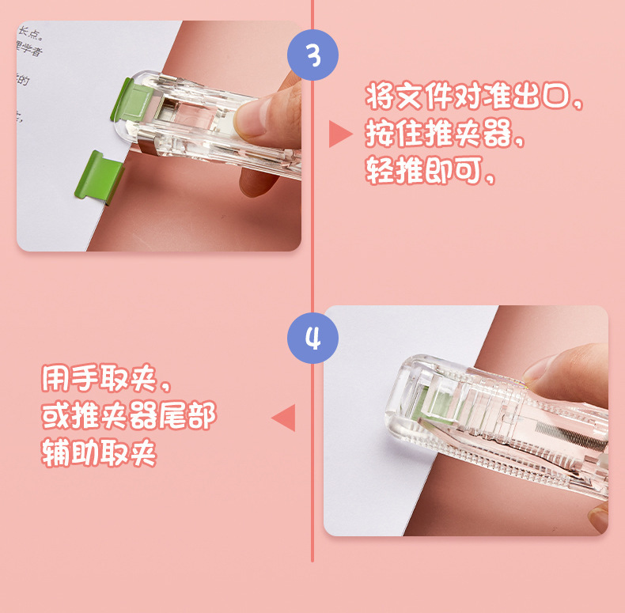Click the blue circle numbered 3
click(x=312, y=55)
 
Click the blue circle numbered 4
click(x=312, y=338)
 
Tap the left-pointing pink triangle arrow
click(x=284, y=417)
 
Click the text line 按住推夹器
click(x=444, y=135)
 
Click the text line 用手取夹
click(x=105, y=381)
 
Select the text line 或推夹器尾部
click(x=127, y=417)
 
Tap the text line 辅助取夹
click(x=99, y=453)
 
